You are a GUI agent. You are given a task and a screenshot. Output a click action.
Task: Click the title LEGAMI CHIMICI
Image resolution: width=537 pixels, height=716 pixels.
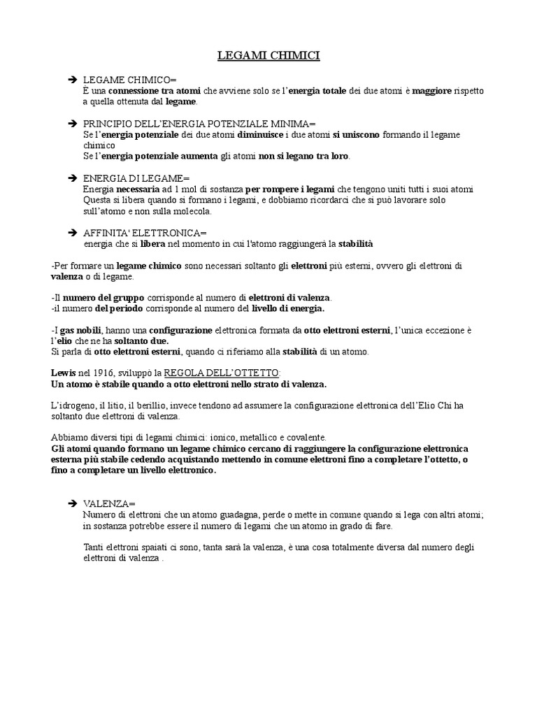coord(268,55)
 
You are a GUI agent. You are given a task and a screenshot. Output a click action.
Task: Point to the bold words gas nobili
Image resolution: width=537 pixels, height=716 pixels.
coord(80,330)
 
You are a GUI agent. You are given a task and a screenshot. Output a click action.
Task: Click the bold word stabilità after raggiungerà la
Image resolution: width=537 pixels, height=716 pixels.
coord(356,244)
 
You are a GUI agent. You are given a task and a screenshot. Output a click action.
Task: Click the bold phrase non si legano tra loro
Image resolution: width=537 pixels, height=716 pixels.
coord(303,156)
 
